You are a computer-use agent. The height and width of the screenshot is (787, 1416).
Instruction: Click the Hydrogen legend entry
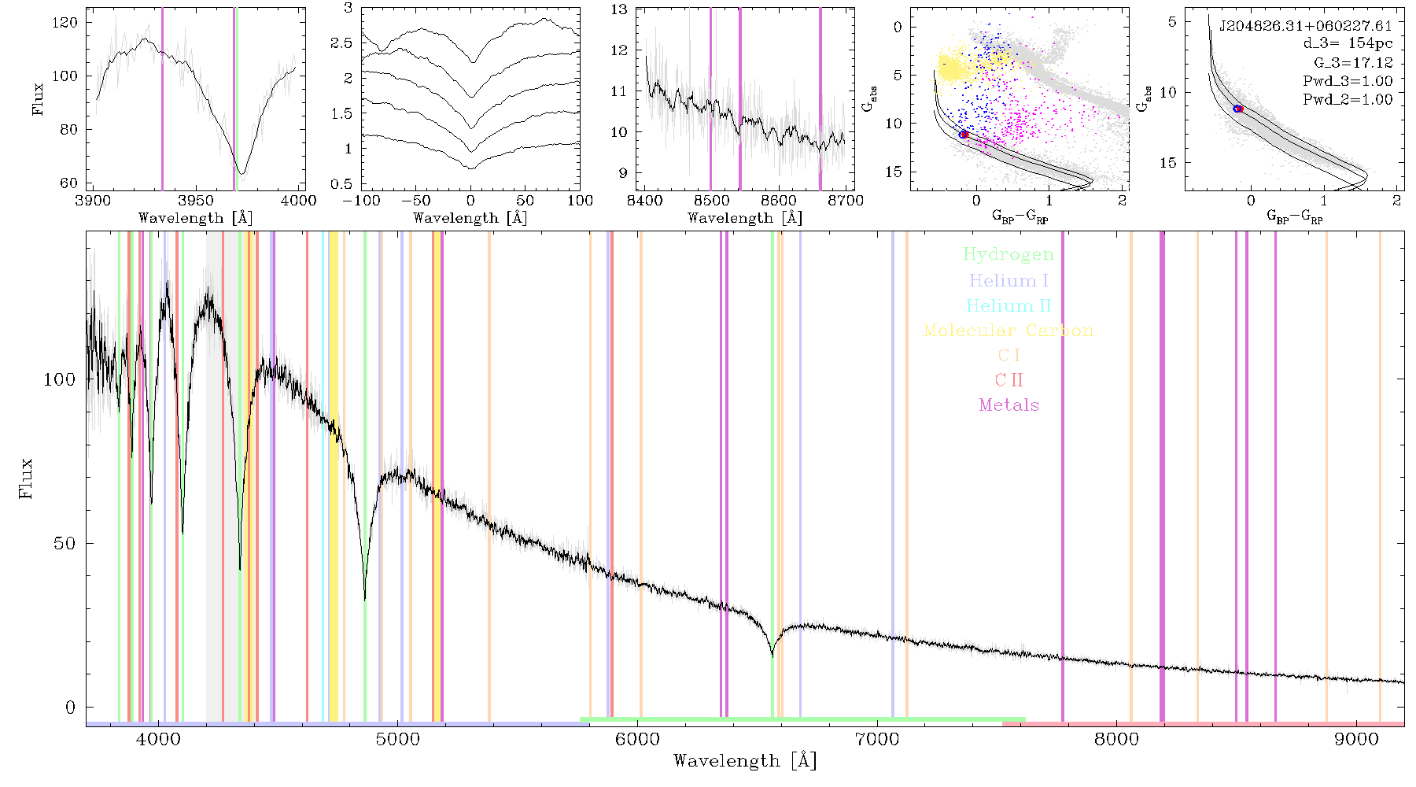(x=1008, y=255)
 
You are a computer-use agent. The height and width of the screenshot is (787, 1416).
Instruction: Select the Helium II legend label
(x=1009, y=305)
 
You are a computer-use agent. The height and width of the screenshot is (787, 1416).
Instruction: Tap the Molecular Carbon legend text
(x=1009, y=331)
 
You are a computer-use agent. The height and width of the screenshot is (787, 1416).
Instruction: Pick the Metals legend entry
(x=1009, y=405)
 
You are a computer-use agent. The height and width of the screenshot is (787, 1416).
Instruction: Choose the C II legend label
(x=1009, y=380)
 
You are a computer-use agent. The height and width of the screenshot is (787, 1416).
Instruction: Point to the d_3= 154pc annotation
(x=1337, y=44)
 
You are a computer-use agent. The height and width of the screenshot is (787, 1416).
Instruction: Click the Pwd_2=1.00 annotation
(x=1348, y=100)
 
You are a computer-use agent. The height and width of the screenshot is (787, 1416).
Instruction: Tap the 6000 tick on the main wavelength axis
(x=637, y=739)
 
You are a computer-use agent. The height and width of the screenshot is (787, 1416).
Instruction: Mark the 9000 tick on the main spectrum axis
(x=1356, y=739)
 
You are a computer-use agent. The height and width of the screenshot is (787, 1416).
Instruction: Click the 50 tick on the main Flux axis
(x=65, y=544)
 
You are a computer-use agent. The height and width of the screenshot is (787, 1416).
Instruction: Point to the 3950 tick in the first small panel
(x=196, y=201)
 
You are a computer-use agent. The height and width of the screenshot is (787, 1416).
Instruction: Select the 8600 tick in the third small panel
(x=779, y=201)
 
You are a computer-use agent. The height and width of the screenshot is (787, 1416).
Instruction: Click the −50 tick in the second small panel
(x=414, y=201)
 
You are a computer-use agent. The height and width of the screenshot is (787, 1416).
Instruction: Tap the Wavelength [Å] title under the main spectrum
(x=745, y=761)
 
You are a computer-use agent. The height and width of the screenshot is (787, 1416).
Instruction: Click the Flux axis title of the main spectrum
(x=27, y=478)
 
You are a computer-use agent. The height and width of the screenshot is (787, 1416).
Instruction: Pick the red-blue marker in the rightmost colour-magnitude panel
(x=1238, y=109)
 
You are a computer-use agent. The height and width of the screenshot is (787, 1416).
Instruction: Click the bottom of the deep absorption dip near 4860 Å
(x=364, y=600)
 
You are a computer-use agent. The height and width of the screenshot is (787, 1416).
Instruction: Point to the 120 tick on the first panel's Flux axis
(x=65, y=23)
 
